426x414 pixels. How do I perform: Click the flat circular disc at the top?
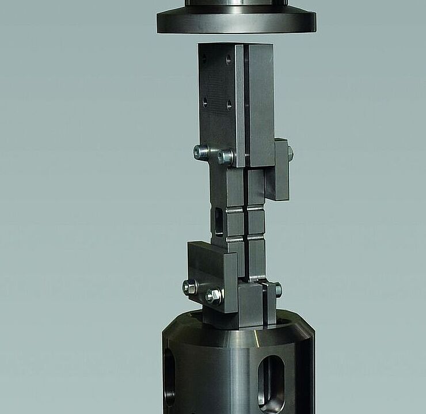click(x=236, y=22)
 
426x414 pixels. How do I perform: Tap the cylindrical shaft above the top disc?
click(x=236, y=3)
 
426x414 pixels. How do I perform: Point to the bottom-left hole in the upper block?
click(x=204, y=102)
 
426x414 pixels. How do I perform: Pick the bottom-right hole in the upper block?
click(x=229, y=105)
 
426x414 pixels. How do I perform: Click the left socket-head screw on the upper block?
click(x=201, y=151)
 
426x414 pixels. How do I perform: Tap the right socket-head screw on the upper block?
click(x=225, y=156)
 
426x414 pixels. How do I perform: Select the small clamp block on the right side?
click(x=279, y=169)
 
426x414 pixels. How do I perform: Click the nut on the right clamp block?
click(x=290, y=153)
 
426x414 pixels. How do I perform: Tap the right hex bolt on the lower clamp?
click(x=214, y=296)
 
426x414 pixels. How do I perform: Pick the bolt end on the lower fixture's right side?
click(x=278, y=290)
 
